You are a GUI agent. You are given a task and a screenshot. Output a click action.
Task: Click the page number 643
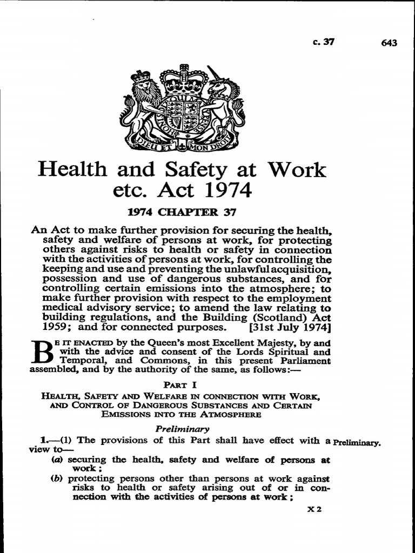[389, 43]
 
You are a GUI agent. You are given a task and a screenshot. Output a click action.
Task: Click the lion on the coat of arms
[142, 108]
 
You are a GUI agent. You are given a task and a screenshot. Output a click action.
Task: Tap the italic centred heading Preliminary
[182, 429]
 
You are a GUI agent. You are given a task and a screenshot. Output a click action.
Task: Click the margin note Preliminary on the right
[357, 442]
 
